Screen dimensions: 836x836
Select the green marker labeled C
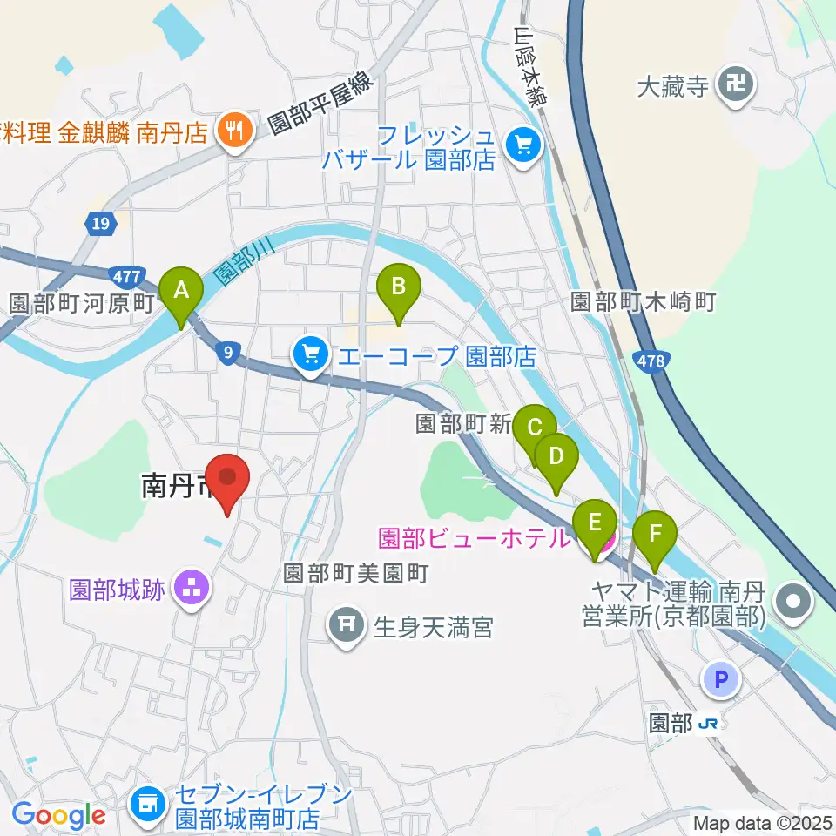(534, 428)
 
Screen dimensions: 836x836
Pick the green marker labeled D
(556, 455)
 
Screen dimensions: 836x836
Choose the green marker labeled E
(595, 523)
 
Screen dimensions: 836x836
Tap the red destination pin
(228, 477)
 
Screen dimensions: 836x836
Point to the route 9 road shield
(227, 352)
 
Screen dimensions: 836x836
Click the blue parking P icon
(722, 680)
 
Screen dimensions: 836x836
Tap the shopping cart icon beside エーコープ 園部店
(310, 354)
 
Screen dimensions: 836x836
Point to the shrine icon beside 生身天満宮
(347, 625)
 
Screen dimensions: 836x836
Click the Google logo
(58, 815)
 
